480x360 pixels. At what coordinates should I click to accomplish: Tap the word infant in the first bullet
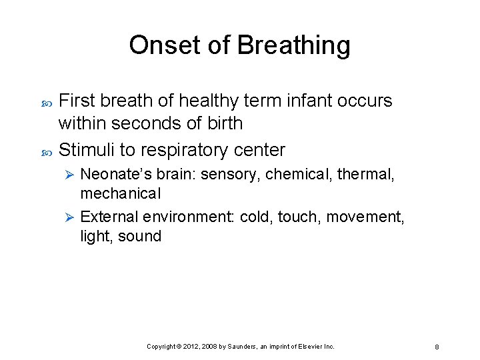point(309,101)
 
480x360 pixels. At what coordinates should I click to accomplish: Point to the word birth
point(225,123)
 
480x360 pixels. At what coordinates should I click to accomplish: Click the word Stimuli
point(90,150)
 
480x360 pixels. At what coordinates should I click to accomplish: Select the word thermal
point(367,175)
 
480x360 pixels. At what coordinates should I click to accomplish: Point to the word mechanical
point(121,193)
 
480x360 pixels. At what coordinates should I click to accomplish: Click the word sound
point(140,236)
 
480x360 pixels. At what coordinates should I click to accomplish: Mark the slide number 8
point(436,347)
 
